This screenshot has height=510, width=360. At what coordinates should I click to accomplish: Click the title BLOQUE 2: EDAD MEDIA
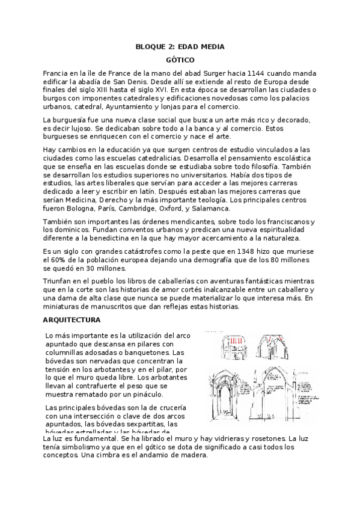[180, 46]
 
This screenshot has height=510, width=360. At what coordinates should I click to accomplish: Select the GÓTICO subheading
[180, 60]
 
